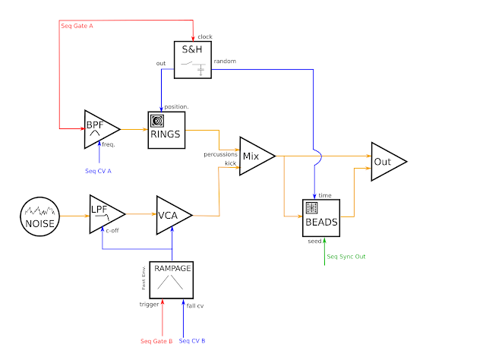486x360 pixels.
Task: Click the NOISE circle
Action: pos(39,215)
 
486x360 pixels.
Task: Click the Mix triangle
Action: pos(254,156)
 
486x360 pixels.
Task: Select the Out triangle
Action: pos(384,162)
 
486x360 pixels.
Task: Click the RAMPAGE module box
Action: pos(171,278)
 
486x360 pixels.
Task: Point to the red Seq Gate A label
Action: pos(78,27)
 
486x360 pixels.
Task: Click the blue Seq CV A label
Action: pos(99,171)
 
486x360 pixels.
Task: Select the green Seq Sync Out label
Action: pos(346,256)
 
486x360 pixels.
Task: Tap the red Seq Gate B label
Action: pos(157,341)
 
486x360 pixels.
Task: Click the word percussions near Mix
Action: pos(220,154)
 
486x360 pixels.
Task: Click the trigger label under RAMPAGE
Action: pos(150,305)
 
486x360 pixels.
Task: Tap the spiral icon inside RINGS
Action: pos(159,120)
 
